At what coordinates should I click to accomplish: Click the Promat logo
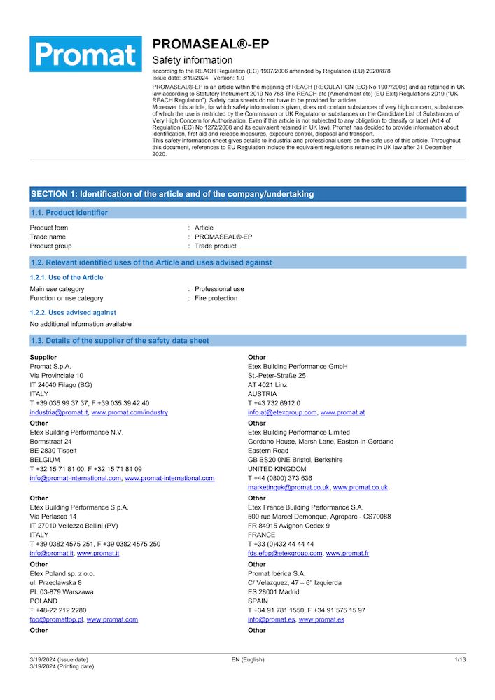(x=85, y=54)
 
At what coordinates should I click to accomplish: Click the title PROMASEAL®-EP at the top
(x=210, y=44)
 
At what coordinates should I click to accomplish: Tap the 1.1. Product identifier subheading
(x=69, y=212)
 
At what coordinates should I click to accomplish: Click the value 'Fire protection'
(x=216, y=298)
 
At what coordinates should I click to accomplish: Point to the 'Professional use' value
(x=219, y=289)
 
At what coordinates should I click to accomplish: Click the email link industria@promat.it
(x=58, y=412)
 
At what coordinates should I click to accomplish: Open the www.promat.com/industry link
(x=130, y=412)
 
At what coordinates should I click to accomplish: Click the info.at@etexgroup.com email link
(x=282, y=412)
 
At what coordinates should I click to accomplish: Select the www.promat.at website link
(x=342, y=412)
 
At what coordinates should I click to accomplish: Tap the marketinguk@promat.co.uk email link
(x=288, y=487)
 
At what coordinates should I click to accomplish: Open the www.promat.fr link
(x=347, y=553)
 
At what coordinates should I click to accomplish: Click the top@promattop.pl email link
(x=56, y=619)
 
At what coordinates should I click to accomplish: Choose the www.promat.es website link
(x=321, y=619)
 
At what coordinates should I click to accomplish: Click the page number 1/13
(x=460, y=659)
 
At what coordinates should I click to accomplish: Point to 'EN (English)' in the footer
(x=248, y=659)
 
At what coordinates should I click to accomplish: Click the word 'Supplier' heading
(x=43, y=357)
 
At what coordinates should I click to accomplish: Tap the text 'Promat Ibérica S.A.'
(x=277, y=573)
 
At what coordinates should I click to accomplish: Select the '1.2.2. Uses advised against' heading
(x=73, y=313)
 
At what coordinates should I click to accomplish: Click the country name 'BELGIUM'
(x=45, y=460)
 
